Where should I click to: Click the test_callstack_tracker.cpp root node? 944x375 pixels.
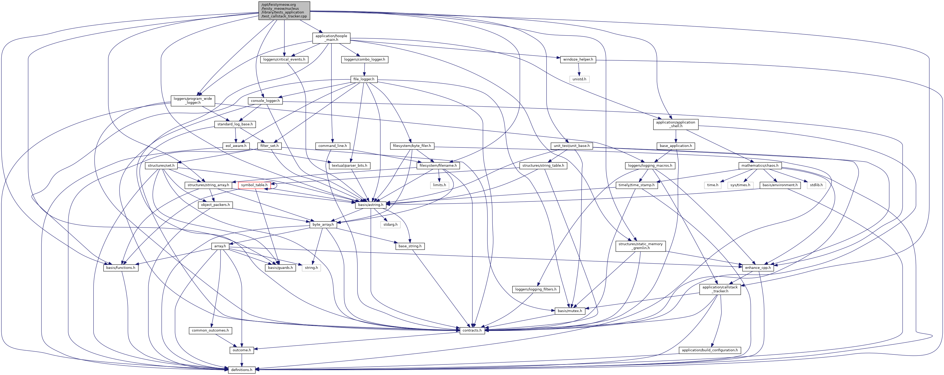click(x=284, y=11)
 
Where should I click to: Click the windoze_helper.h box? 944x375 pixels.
click(x=578, y=59)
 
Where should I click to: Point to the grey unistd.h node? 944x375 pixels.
click(x=579, y=79)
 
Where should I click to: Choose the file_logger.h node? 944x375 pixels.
click(x=364, y=79)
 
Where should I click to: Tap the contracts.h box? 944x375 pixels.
click(x=472, y=330)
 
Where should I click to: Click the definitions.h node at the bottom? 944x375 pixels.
click(x=241, y=370)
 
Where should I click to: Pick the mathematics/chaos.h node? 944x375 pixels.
click(x=760, y=166)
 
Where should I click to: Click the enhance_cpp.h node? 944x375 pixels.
click(x=758, y=268)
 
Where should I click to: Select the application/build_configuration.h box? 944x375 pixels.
click(x=709, y=350)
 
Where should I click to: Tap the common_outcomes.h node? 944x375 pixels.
click(x=210, y=330)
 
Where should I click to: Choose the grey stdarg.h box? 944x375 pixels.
click(x=390, y=224)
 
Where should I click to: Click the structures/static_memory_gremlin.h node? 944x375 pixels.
click(x=640, y=246)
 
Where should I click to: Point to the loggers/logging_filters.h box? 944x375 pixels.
click(x=535, y=289)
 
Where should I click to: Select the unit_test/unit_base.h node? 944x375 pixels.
click(x=571, y=146)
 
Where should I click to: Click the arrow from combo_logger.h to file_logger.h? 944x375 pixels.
click(x=364, y=69)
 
